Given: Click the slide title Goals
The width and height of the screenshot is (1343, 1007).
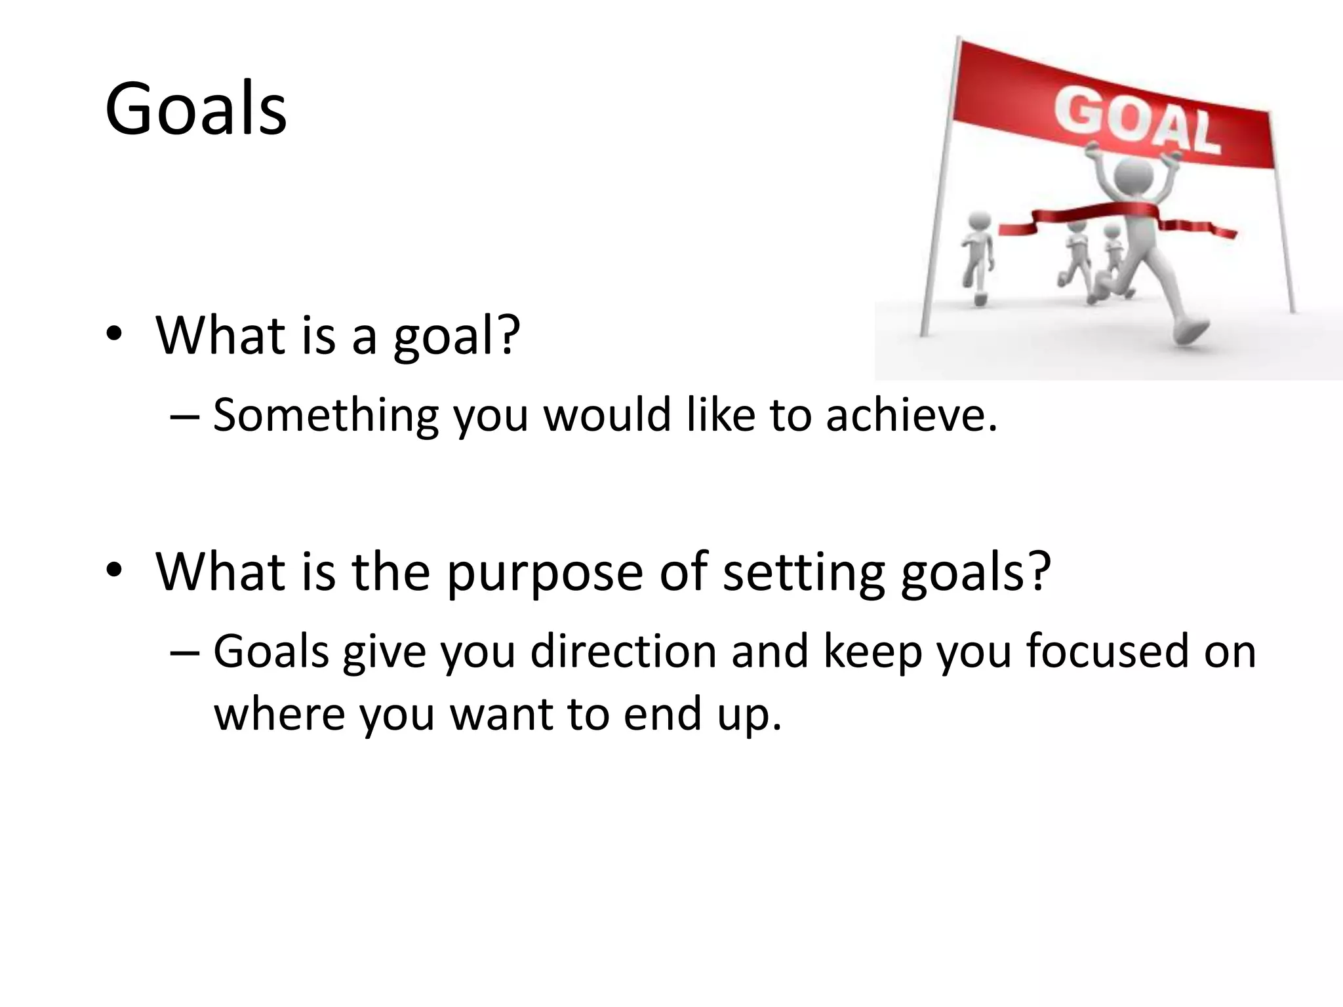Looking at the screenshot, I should (195, 109).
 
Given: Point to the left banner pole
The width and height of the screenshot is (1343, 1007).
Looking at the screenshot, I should (939, 190).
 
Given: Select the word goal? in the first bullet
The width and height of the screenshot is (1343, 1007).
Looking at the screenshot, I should (457, 336).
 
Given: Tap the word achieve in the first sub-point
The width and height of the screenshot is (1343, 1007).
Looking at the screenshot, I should (911, 416).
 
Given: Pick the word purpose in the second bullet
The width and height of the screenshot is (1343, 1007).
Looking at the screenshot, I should (544, 572).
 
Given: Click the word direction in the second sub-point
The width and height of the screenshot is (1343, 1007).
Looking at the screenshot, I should (623, 652).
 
